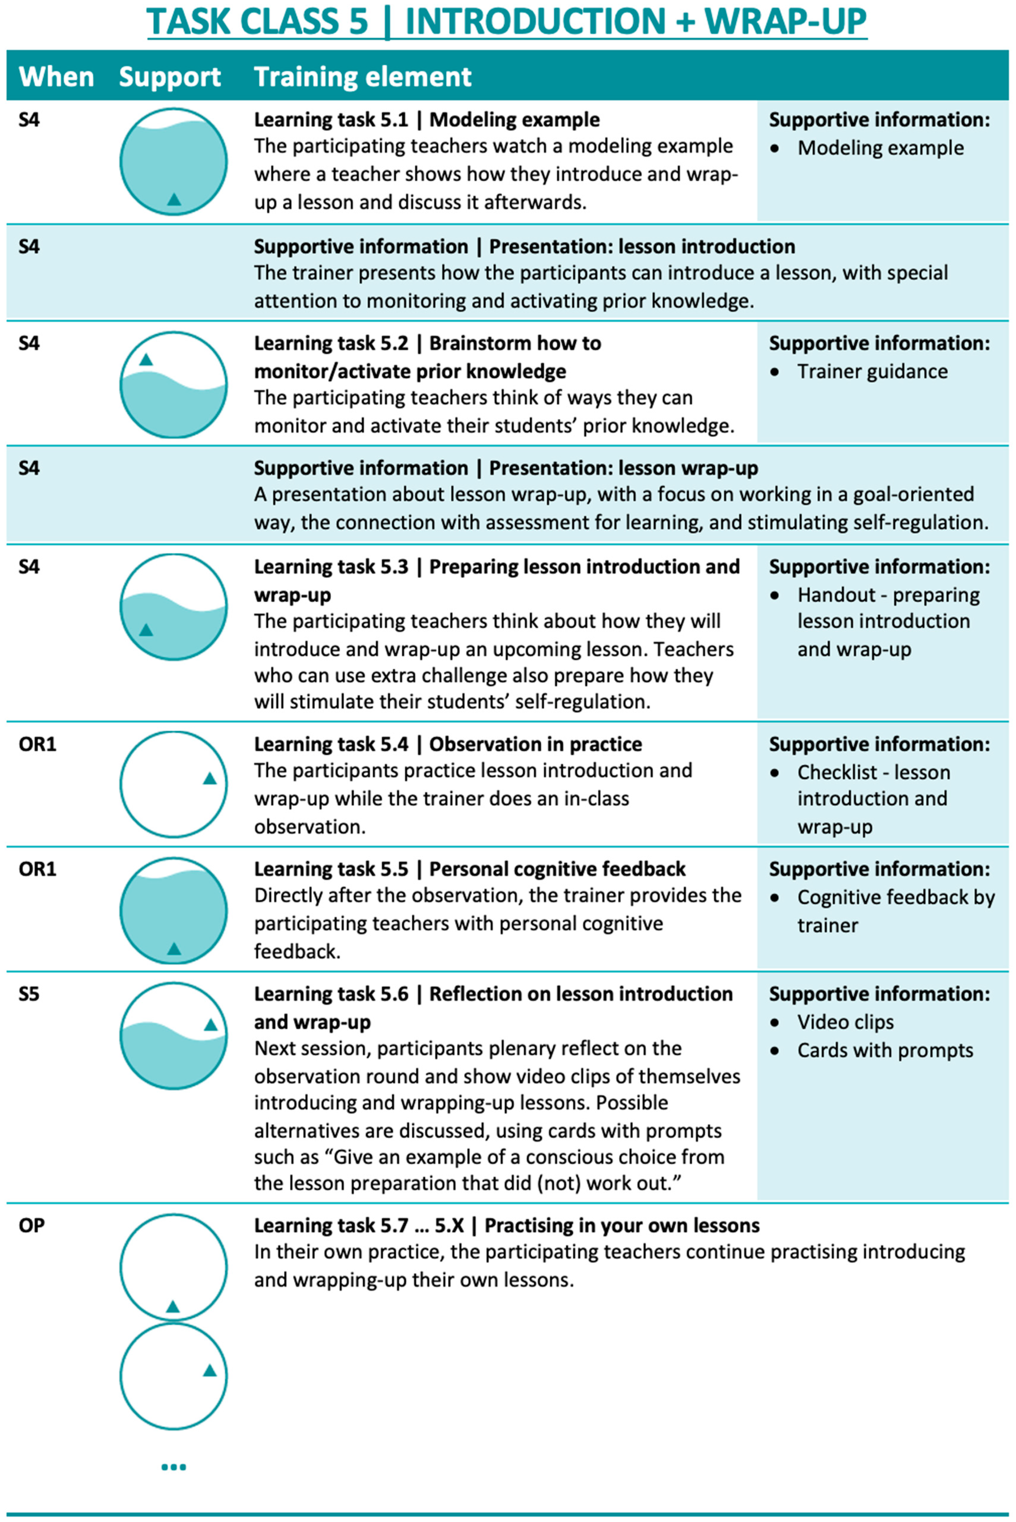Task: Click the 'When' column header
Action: coord(56,76)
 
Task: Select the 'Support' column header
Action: coord(170,76)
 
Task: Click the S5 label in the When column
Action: coord(29,994)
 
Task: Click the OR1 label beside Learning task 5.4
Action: coord(38,744)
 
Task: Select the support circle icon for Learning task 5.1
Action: coord(174,161)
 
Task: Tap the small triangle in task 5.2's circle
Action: coord(146,359)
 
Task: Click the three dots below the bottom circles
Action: coord(174,1467)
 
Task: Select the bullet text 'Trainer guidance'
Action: coord(872,372)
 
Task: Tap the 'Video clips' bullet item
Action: coord(845,1022)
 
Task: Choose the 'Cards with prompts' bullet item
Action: coord(885,1050)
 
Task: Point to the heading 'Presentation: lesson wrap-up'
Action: coord(623,468)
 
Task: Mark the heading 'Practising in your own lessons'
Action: coord(622,1225)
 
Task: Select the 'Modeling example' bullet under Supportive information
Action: coord(880,148)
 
